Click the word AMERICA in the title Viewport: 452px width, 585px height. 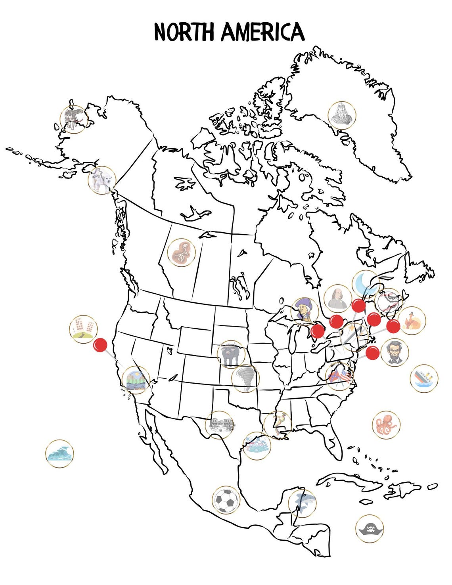click(x=262, y=32)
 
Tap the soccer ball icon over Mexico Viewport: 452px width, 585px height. click(x=226, y=500)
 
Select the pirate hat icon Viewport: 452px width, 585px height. click(x=370, y=528)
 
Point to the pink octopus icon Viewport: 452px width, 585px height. click(x=386, y=424)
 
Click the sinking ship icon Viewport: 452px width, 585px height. click(x=423, y=379)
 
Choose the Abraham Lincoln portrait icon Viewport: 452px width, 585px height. click(x=395, y=352)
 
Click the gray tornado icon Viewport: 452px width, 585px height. click(x=245, y=379)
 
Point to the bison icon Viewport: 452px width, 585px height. click(x=231, y=354)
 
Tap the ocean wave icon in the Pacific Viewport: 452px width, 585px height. click(x=60, y=453)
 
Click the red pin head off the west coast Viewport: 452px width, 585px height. click(x=100, y=345)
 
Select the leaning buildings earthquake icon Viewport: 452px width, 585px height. click(x=83, y=329)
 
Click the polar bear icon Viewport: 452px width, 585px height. click(x=102, y=180)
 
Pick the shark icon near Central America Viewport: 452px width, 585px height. click(x=302, y=503)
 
